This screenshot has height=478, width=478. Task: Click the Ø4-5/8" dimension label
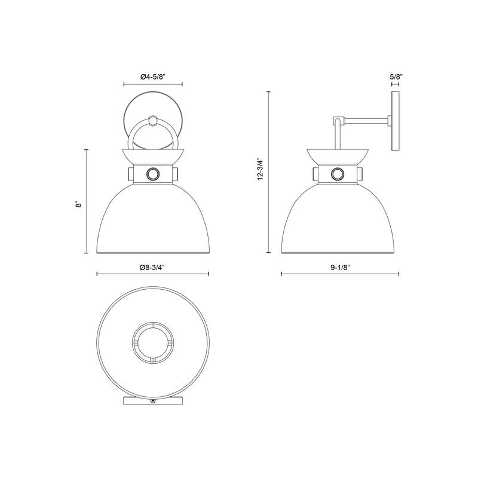(x=153, y=77)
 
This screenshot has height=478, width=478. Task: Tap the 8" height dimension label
(x=79, y=204)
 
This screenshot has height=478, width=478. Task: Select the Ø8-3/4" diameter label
(x=152, y=267)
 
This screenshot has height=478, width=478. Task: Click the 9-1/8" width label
(x=340, y=267)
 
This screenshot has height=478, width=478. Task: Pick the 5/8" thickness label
(x=396, y=76)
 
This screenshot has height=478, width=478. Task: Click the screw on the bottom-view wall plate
(x=152, y=402)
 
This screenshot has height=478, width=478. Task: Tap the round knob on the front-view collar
(x=152, y=174)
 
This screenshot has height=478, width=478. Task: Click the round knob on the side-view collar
(x=338, y=174)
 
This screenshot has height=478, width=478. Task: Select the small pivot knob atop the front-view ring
(x=152, y=121)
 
